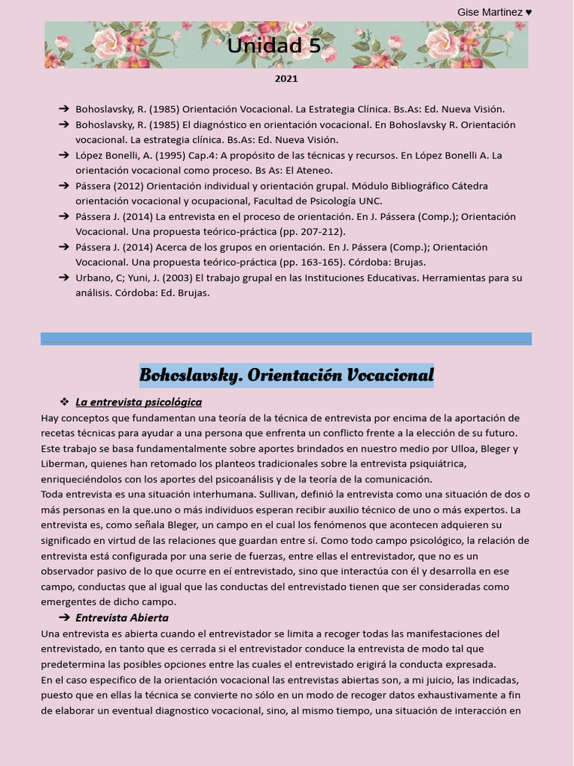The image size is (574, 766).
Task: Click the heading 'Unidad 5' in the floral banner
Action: coord(274,46)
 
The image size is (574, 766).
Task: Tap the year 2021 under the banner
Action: coord(286,79)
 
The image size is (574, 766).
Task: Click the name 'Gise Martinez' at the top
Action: coord(490,12)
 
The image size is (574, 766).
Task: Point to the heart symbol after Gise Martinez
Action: coord(528,12)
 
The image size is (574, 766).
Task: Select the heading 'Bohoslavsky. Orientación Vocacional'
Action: coord(286,375)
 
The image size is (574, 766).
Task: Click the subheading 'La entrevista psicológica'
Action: coord(138,402)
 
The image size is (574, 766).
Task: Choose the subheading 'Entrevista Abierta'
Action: coord(122,618)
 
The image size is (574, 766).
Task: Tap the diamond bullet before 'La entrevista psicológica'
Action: coord(64,402)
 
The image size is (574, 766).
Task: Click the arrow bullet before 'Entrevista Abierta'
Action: coord(64,618)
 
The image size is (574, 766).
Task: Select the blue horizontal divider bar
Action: coord(286,339)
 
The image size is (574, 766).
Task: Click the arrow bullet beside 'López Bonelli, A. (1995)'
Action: coord(64,156)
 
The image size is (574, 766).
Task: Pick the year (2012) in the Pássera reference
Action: coord(128,186)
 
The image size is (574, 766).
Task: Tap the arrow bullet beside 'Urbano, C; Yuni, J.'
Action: coord(64,278)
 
